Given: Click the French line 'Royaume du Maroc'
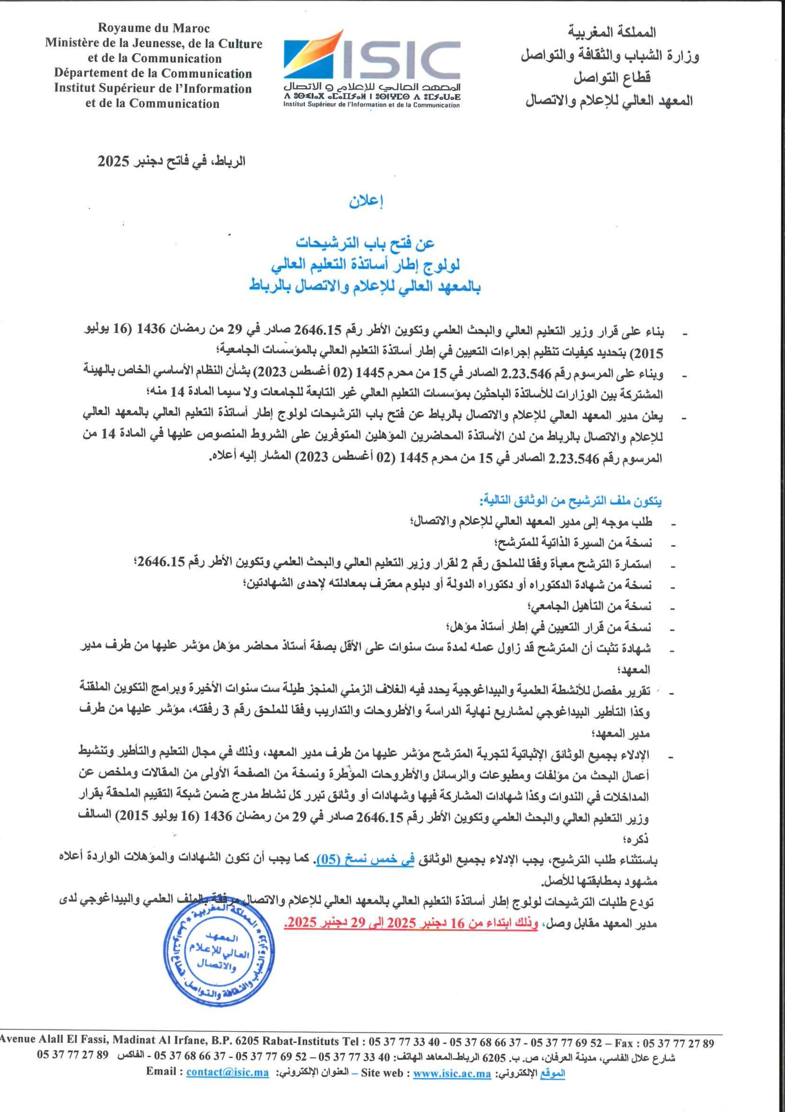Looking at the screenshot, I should [x=154, y=29].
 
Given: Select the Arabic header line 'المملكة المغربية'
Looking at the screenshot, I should [x=612, y=33].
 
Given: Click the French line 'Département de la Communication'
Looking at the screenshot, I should [x=153, y=73].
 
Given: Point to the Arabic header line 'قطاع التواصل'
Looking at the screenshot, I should [x=612, y=77].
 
